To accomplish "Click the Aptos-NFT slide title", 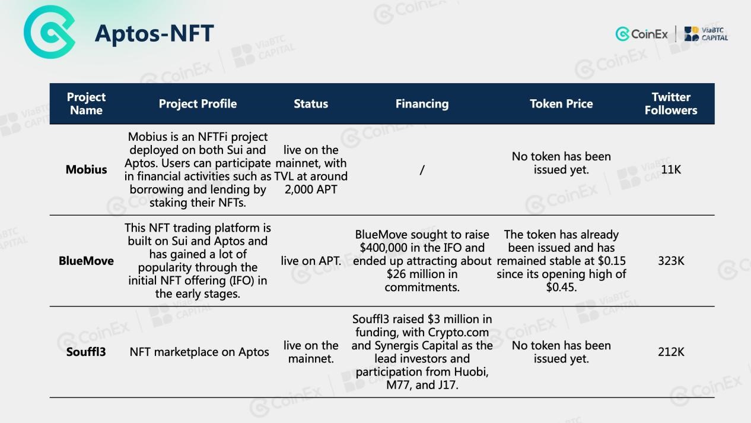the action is point(154,33).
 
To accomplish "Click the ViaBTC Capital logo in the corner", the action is point(706,34).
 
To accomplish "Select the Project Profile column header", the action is point(198,104).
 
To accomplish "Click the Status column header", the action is point(311,104).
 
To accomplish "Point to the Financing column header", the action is point(422,104).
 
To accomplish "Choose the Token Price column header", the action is point(561,104).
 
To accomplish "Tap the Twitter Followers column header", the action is point(671,104).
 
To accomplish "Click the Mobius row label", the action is point(86,169).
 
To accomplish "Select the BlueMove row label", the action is point(86,261).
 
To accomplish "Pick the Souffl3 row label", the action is point(86,352).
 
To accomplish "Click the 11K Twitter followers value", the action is point(671,169).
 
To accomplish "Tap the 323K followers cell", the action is point(671,261).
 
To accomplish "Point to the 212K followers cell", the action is point(671,352).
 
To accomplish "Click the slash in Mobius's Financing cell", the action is point(422,170).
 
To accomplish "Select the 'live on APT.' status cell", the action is point(311,261).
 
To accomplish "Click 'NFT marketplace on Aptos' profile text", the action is point(199,352).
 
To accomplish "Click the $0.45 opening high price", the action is point(561,287).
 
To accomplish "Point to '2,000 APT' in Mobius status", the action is point(311,190).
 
